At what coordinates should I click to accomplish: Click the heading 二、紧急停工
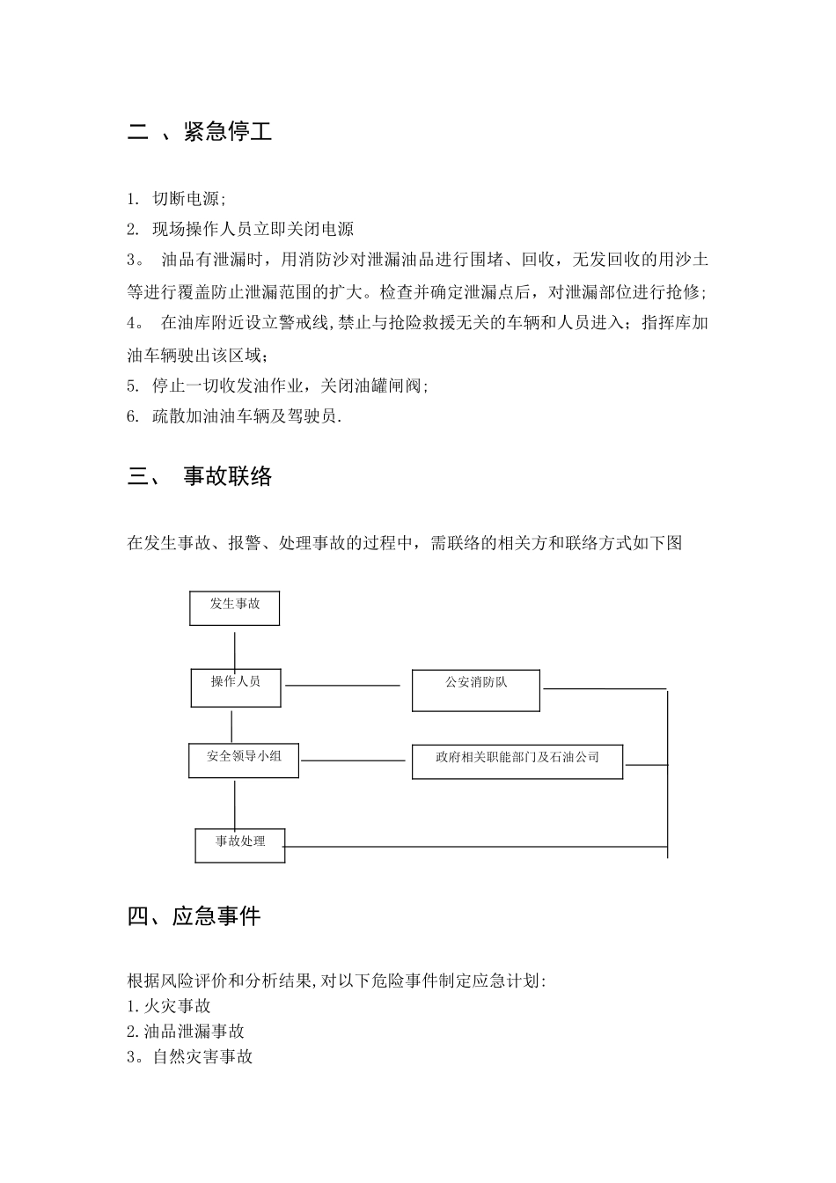200,132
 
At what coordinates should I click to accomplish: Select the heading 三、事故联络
200,476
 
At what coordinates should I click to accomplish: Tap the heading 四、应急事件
194,916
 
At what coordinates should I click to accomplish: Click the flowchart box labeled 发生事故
235,607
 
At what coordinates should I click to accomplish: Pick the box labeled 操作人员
236,687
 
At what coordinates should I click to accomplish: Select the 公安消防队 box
476,690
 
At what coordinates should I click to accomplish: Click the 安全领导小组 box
244,760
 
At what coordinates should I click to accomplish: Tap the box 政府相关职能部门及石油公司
517,761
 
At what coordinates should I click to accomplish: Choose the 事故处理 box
240,845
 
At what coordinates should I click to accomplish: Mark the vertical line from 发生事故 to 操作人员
235,647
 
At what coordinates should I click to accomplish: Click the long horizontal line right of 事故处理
475,847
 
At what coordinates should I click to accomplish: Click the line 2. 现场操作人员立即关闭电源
240,230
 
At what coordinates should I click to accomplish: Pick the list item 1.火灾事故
169,1005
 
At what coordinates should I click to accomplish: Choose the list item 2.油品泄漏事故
186,1031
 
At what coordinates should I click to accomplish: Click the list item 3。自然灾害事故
190,1056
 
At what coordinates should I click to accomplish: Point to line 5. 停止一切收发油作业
278,386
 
